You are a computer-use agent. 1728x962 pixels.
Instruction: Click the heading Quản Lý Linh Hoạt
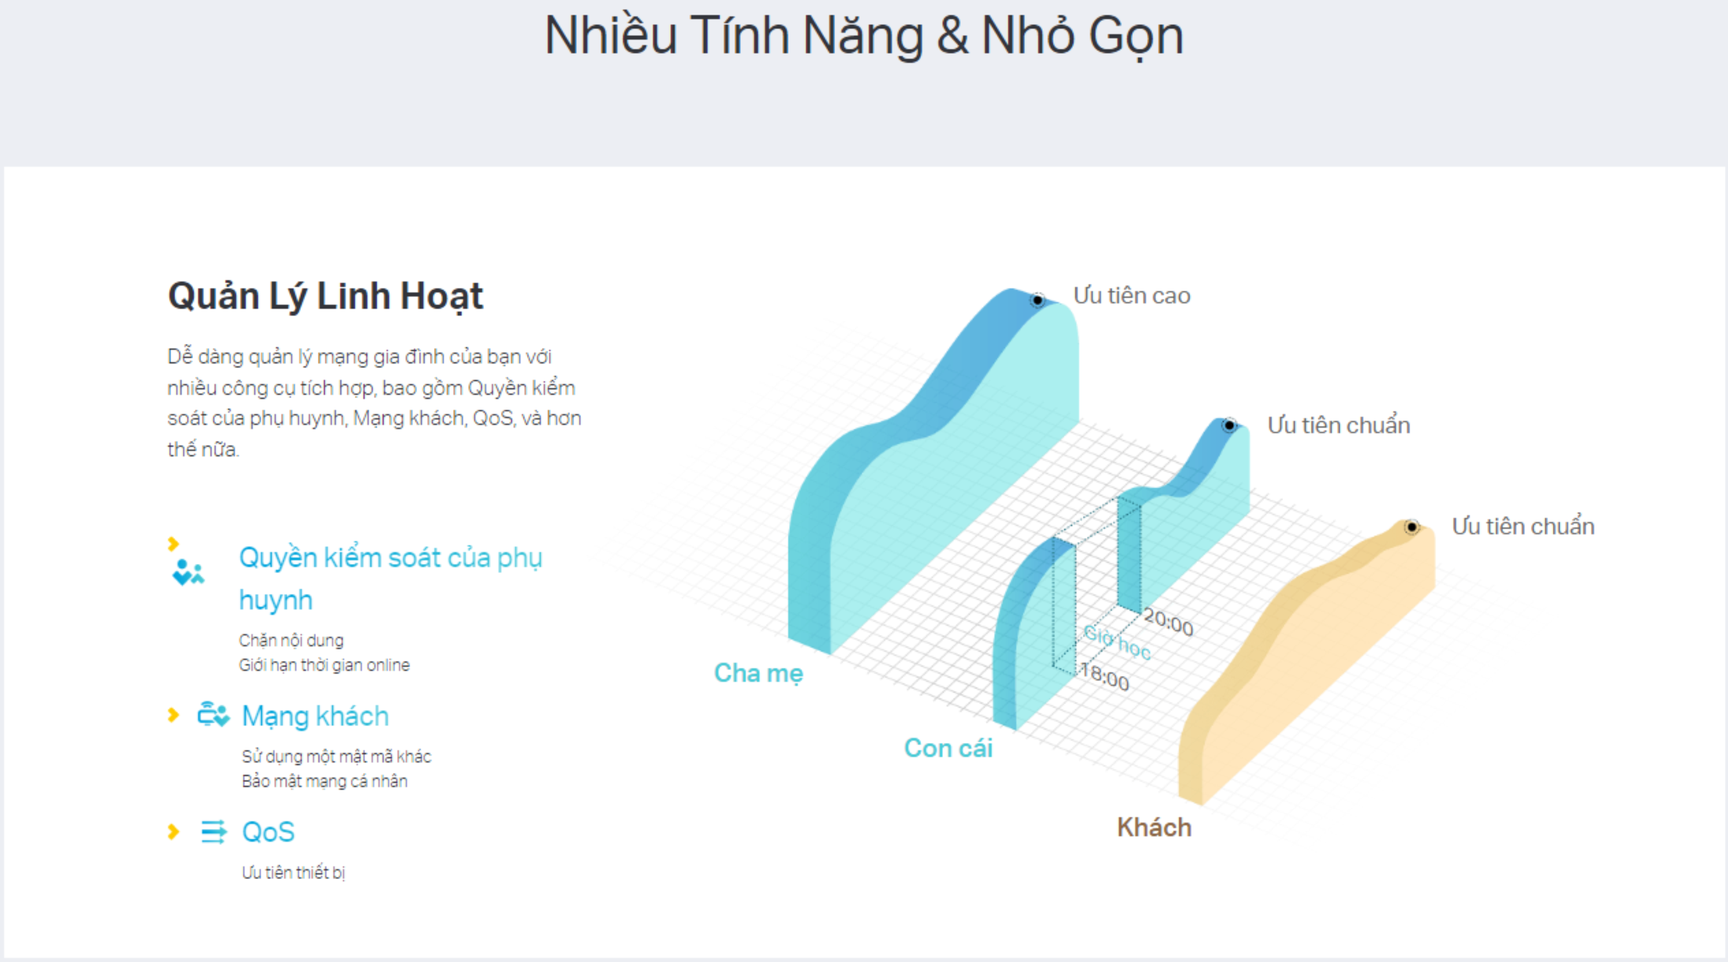[325, 296]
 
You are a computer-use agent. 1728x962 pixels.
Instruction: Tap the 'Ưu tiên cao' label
[1132, 296]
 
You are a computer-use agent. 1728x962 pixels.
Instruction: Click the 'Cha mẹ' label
[758, 673]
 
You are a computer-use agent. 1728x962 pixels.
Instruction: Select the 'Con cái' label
[948, 748]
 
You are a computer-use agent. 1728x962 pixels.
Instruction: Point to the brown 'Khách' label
[1154, 827]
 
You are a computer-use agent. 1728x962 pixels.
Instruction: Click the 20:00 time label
[1168, 622]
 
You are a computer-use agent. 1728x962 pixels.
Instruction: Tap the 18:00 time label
[1105, 676]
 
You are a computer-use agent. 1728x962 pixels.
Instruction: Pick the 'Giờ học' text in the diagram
[1117, 642]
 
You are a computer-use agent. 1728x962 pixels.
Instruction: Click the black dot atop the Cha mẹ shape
[1037, 300]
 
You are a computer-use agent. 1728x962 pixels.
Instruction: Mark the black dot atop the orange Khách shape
[1411, 527]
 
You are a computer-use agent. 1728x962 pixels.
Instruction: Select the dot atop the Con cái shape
[1229, 425]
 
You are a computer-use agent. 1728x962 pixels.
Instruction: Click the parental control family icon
[188, 572]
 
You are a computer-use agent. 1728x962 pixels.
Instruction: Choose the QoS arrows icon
[214, 832]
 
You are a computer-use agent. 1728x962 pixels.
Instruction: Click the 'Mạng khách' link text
[315, 716]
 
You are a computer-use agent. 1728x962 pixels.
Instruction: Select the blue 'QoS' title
[268, 832]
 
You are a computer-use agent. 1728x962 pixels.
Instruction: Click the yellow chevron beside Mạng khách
[173, 715]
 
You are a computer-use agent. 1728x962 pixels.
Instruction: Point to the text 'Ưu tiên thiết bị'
[293, 872]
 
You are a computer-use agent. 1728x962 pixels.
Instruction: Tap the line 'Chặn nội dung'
[291, 640]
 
